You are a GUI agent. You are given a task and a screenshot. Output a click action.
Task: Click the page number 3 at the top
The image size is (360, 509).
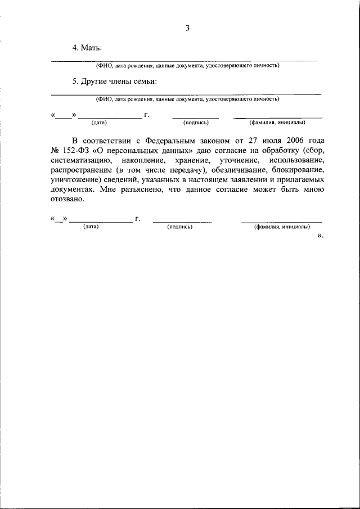[x=188, y=28]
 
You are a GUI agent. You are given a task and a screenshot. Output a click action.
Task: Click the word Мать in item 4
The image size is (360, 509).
[x=91, y=49]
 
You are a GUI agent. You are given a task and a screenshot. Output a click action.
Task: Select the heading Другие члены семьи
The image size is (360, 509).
[x=119, y=82]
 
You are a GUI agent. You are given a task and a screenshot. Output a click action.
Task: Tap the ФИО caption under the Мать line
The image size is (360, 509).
[x=188, y=65]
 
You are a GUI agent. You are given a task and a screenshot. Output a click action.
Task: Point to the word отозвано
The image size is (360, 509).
[x=67, y=200]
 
